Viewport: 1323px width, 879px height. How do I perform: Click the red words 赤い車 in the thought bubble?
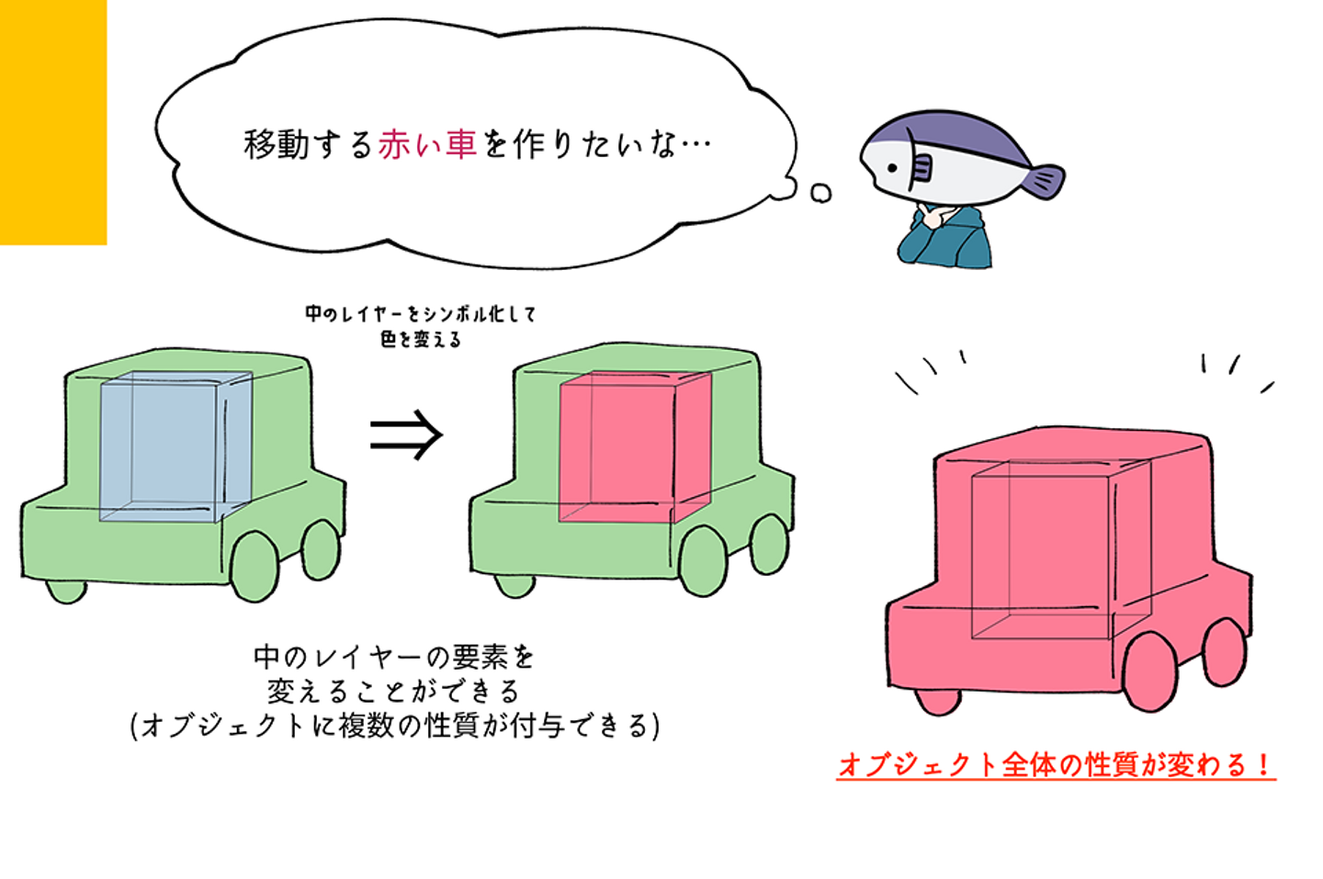[x=427, y=145]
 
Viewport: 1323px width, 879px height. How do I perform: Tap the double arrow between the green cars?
[x=406, y=434]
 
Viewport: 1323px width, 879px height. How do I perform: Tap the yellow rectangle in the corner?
[x=52, y=121]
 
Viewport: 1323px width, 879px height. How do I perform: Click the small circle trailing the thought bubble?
[x=820, y=193]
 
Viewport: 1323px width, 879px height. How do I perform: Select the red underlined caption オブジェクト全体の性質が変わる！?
[x=1056, y=765]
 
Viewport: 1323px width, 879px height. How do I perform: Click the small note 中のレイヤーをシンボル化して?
[x=420, y=314]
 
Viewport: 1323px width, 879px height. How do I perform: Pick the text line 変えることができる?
[x=393, y=691]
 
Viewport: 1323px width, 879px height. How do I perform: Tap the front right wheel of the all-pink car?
[x=1149, y=671]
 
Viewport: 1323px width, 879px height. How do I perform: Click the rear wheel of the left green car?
[x=321, y=550]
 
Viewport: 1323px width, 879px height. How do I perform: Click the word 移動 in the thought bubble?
[x=277, y=145]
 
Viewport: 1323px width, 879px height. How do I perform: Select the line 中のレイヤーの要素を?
[x=393, y=657]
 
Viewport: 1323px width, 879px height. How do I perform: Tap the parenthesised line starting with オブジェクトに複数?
[x=395, y=726]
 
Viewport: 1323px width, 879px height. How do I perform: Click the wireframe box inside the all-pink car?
[x=1057, y=551]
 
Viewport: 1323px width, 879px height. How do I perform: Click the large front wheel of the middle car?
[x=703, y=561]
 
